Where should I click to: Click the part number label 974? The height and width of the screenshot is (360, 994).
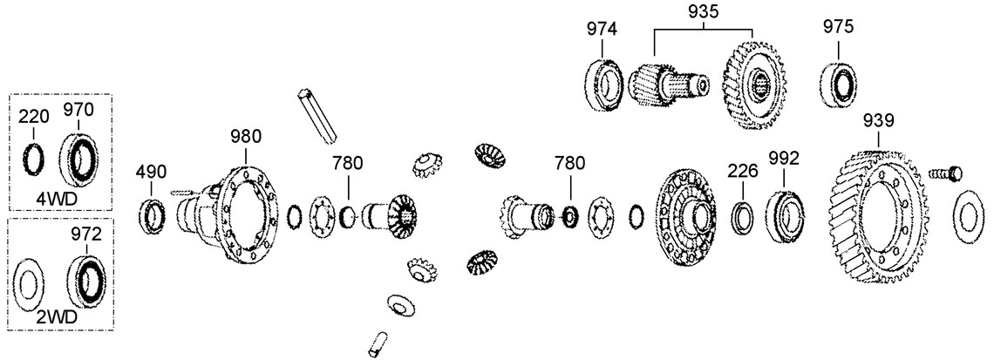coord(601,29)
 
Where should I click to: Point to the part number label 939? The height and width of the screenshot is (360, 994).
coord(879,119)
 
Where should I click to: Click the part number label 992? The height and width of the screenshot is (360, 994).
coord(784,158)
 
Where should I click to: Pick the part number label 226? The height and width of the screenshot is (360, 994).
coord(744,172)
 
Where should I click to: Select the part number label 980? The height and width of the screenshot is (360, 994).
coord(246,137)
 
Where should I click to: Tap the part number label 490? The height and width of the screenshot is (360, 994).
coord(151,172)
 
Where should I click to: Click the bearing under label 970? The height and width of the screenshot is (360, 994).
coord(84,162)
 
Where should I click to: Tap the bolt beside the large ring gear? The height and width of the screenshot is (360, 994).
coord(943,173)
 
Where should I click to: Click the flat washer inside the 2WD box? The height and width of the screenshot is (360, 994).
coord(30,284)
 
